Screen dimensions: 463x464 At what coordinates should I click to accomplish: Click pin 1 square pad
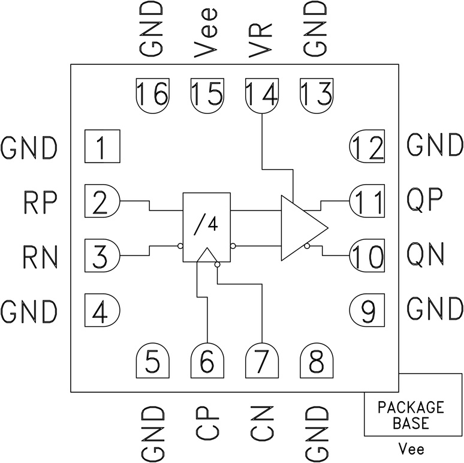coord(102,146)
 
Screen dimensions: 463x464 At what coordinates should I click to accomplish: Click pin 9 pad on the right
coord(367,310)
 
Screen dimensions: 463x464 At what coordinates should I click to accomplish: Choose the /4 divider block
coord(207,227)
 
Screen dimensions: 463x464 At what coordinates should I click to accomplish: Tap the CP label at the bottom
coord(207,423)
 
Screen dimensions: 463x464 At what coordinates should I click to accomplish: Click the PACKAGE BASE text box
coord(411,414)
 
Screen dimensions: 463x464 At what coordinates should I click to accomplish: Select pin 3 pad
coord(102,255)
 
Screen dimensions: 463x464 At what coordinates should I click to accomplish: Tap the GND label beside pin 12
coord(434,146)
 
